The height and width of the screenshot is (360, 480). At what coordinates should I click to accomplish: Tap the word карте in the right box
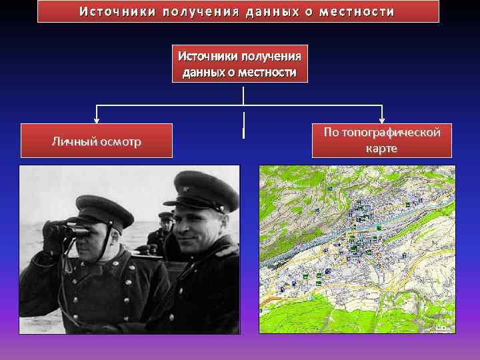[381, 148]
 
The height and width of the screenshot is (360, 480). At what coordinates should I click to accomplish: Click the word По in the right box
[331, 133]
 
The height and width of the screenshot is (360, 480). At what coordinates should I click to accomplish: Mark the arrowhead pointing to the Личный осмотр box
[97, 121]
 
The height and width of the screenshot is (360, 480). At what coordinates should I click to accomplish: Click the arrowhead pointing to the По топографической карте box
[382, 121]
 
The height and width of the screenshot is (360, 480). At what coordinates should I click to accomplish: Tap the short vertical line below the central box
[243, 133]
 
